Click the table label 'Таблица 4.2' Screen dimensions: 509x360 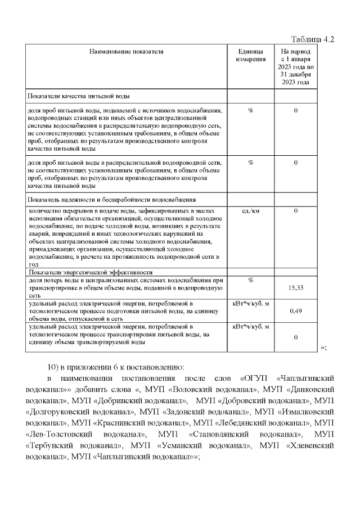pyautogui.click(x=312, y=39)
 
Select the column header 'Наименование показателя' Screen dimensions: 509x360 pyautogui.click(x=126, y=52)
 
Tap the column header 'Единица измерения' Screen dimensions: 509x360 pyautogui.click(x=250, y=55)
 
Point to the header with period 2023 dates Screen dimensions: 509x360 pyautogui.click(x=295, y=66)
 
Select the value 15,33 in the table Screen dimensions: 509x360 pyautogui.click(x=295, y=287)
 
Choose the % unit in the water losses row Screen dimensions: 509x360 pyautogui.click(x=250, y=280)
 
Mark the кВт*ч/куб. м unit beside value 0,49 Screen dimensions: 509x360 pyautogui.click(x=250, y=303)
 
